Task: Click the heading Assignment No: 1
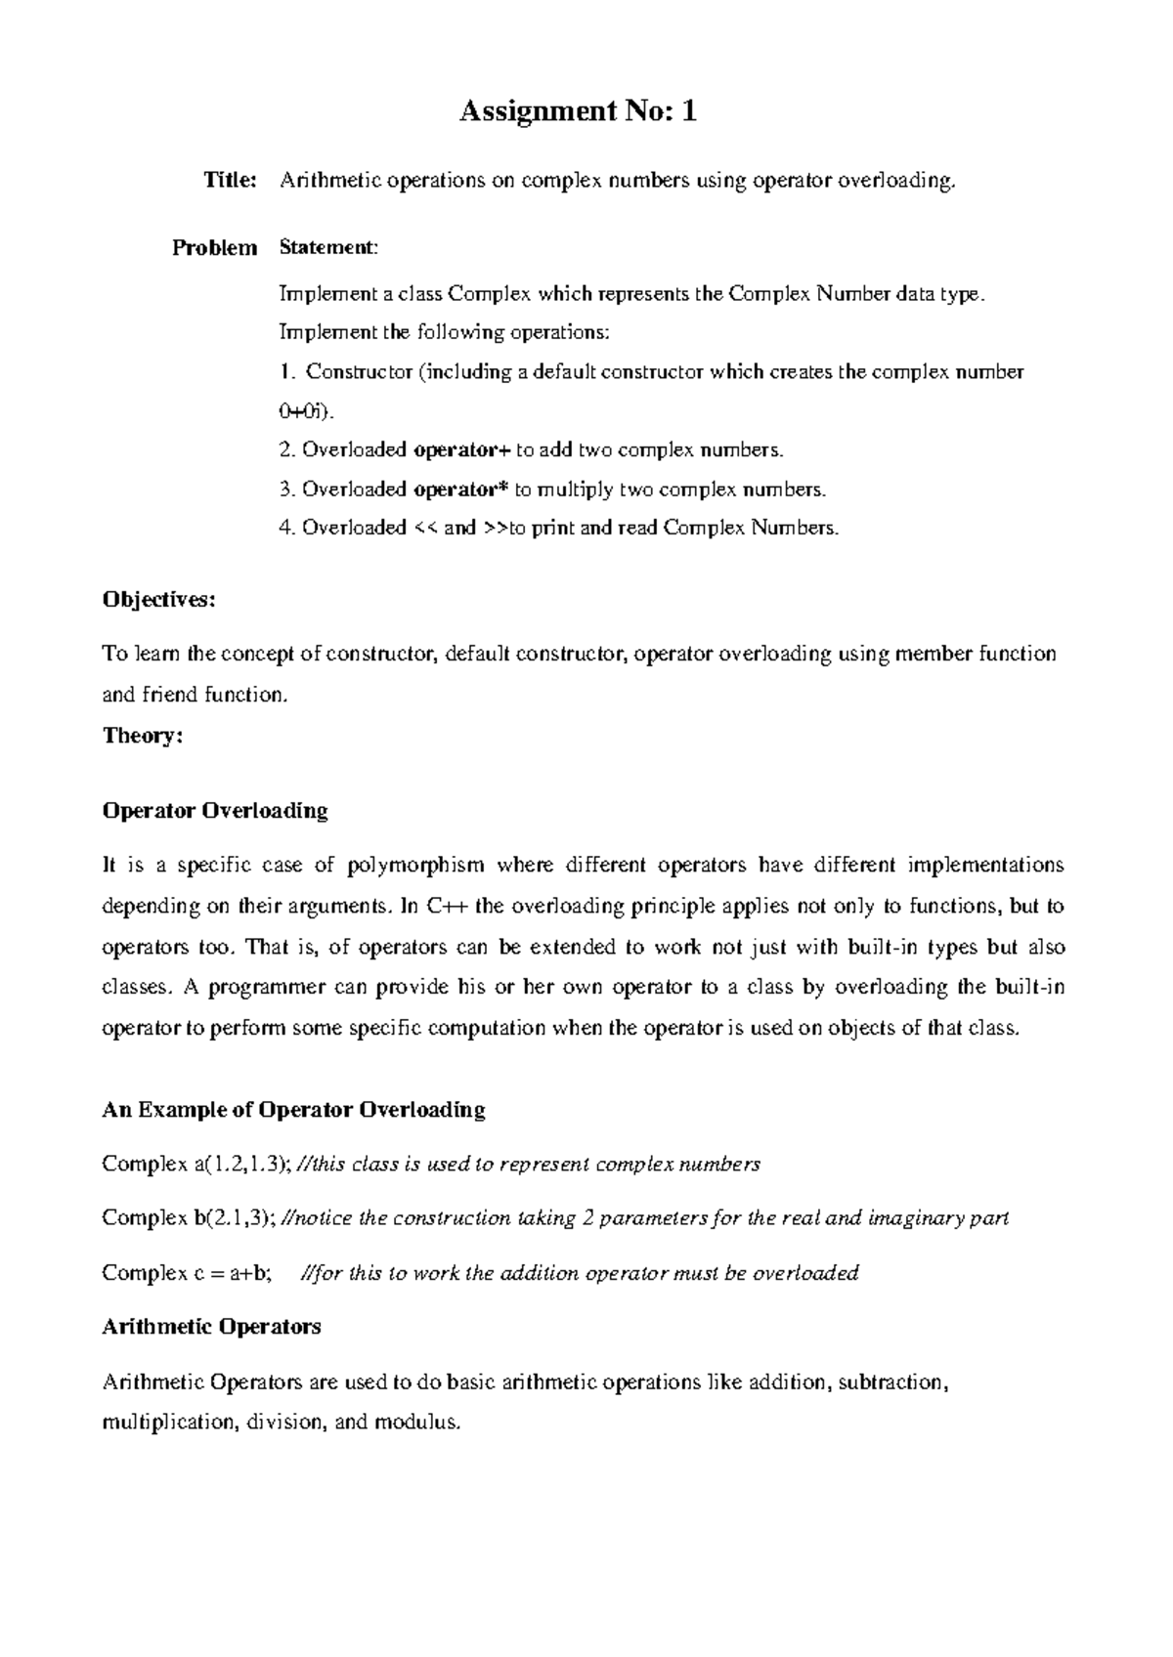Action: click(579, 112)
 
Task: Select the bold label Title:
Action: click(230, 181)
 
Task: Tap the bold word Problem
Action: click(214, 248)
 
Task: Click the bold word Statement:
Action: click(327, 248)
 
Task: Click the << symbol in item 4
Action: click(424, 529)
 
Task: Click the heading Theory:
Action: click(143, 736)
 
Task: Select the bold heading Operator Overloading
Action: click(215, 811)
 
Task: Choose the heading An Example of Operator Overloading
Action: click(293, 1110)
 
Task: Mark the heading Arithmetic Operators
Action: click(211, 1327)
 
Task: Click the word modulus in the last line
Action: click(422, 1423)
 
